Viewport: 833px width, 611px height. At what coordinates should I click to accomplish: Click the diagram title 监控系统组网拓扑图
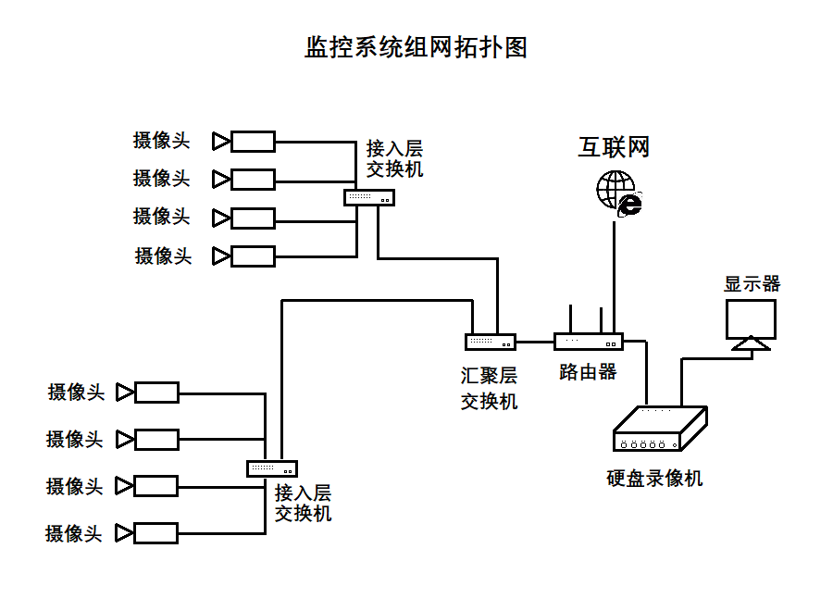pyautogui.click(x=416, y=48)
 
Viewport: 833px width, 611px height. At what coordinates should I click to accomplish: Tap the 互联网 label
pyautogui.click(x=614, y=147)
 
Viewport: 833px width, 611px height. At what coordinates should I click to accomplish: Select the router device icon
pyautogui.click(x=589, y=342)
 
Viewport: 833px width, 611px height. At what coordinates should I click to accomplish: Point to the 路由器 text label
pyautogui.click(x=588, y=372)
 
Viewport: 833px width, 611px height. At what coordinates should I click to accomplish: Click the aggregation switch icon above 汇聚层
pyautogui.click(x=491, y=342)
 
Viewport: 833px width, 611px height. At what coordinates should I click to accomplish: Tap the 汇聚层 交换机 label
pyautogui.click(x=490, y=388)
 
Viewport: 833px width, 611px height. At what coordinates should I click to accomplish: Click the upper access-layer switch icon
pyautogui.click(x=369, y=197)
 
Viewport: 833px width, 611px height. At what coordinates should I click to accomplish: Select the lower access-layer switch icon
pyautogui.click(x=272, y=468)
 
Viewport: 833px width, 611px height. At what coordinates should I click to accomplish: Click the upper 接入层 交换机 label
pyautogui.click(x=394, y=158)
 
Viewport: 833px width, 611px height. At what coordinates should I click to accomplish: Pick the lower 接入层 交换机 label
pyautogui.click(x=303, y=503)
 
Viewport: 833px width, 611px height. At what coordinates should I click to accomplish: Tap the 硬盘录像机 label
pyautogui.click(x=654, y=478)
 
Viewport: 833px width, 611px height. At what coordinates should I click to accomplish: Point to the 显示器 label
pyautogui.click(x=752, y=283)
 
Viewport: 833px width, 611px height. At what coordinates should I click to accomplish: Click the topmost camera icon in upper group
pyautogui.click(x=244, y=141)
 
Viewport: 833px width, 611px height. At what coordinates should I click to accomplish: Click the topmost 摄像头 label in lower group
pyautogui.click(x=76, y=392)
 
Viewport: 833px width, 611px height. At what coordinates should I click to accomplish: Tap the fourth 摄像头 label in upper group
pyautogui.click(x=163, y=256)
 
